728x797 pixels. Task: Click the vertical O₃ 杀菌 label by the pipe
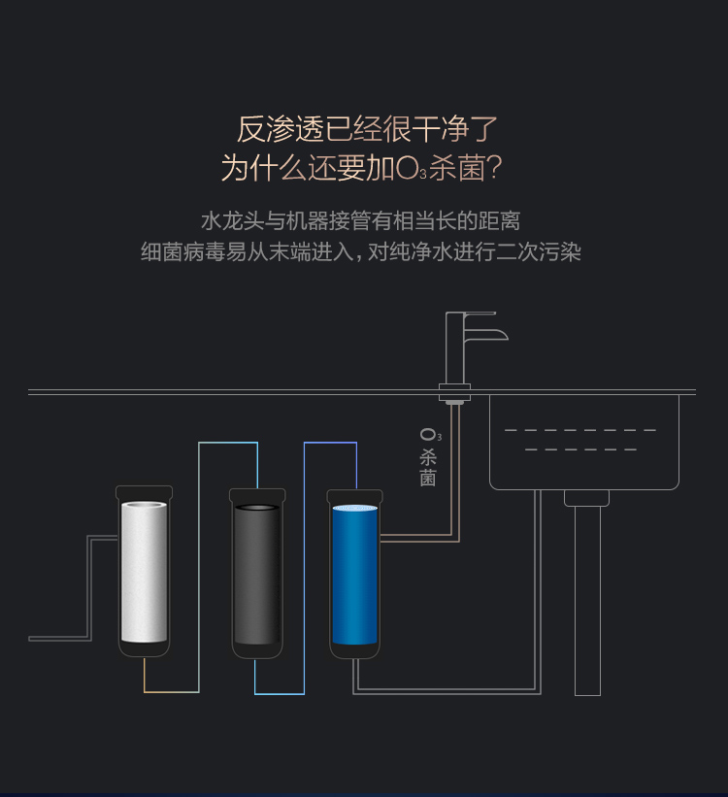tap(428, 456)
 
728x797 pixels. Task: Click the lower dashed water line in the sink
tap(579, 449)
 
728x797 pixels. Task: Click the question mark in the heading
tap(493, 169)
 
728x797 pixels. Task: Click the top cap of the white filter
tap(144, 492)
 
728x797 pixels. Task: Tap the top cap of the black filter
tap(257, 495)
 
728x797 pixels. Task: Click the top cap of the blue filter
tap(354, 495)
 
